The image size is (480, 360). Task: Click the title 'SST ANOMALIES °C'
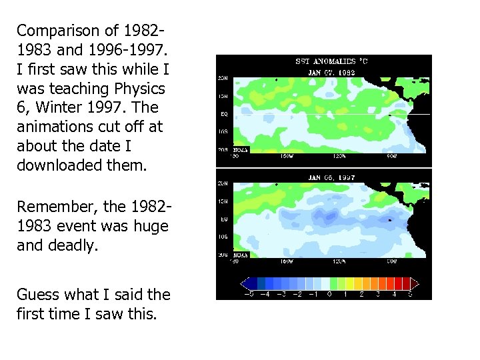[x=331, y=61]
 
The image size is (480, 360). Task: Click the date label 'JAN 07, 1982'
[x=331, y=71]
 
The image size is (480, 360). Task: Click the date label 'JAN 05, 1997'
[x=331, y=179]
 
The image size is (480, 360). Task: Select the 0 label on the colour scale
[x=329, y=294]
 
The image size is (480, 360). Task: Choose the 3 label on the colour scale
[x=378, y=294]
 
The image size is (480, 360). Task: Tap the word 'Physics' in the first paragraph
[x=141, y=88]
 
